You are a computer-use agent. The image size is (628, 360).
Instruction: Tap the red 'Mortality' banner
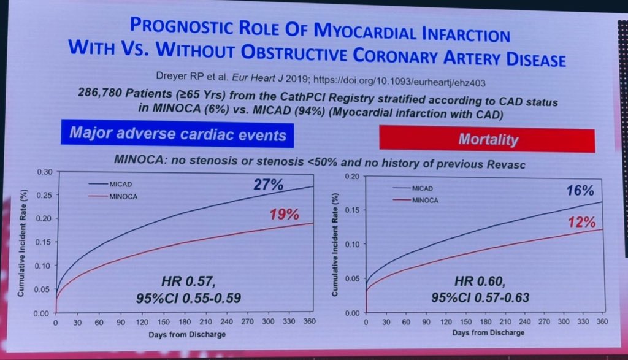[x=488, y=140]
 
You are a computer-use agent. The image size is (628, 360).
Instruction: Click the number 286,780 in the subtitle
[x=102, y=93]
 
